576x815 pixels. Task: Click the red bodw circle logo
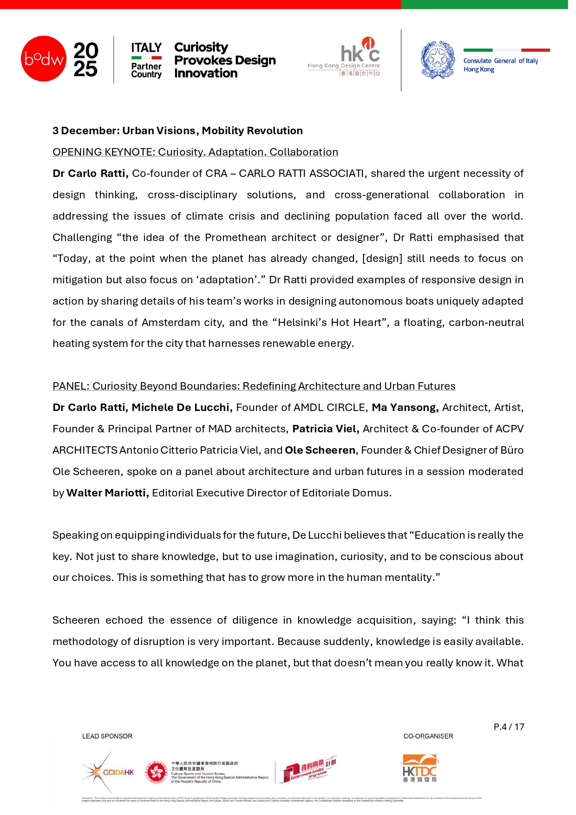pyautogui.click(x=44, y=59)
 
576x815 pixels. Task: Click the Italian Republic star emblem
pyautogui.click(x=438, y=59)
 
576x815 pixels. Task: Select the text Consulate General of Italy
pyautogui.click(x=500, y=61)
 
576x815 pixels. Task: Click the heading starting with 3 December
pyautogui.click(x=177, y=131)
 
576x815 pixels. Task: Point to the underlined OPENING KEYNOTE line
pyautogui.click(x=195, y=152)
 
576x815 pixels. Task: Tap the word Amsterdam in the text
pyautogui.click(x=167, y=323)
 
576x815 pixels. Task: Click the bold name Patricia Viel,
pyautogui.click(x=326, y=429)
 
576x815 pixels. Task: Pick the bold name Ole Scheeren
pyautogui.click(x=320, y=450)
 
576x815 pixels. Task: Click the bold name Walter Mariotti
pyautogui.click(x=107, y=493)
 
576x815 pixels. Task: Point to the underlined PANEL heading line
pyautogui.click(x=254, y=386)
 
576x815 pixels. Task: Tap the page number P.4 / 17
pyautogui.click(x=509, y=727)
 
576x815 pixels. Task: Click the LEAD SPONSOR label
pyautogui.click(x=107, y=737)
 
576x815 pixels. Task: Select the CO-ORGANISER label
pyautogui.click(x=428, y=737)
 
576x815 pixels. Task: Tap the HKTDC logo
pyautogui.click(x=420, y=769)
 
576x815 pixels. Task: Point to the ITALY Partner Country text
pyautogui.click(x=146, y=60)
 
